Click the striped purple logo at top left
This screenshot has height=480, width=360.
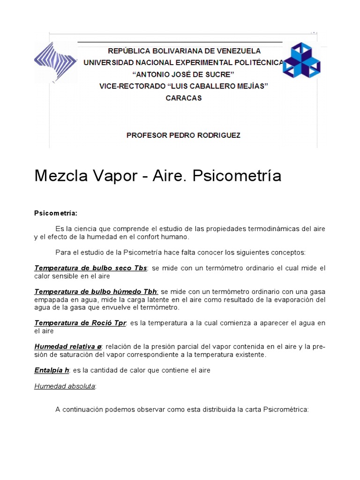[55, 62]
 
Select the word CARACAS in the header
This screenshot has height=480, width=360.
[184, 98]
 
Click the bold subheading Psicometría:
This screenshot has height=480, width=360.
[55, 213]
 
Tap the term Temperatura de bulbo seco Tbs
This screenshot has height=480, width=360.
[90, 268]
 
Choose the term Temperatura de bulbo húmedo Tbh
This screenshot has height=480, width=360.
[96, 292]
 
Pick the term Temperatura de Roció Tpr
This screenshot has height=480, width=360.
[81, 323]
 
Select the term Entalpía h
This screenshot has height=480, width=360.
[52, 370]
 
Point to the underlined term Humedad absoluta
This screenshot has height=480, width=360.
[65, 386]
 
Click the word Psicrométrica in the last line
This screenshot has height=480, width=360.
[286, 409]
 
